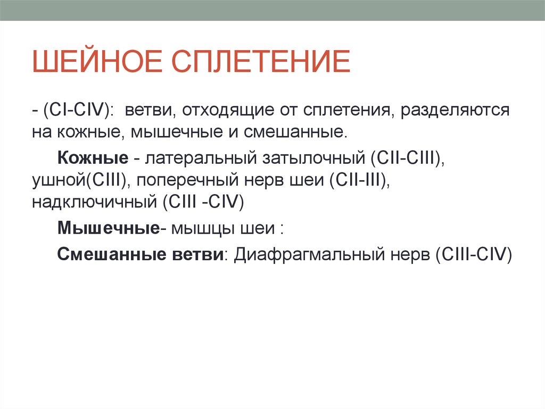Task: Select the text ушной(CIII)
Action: point(79,180)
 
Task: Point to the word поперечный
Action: point(187,180)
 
